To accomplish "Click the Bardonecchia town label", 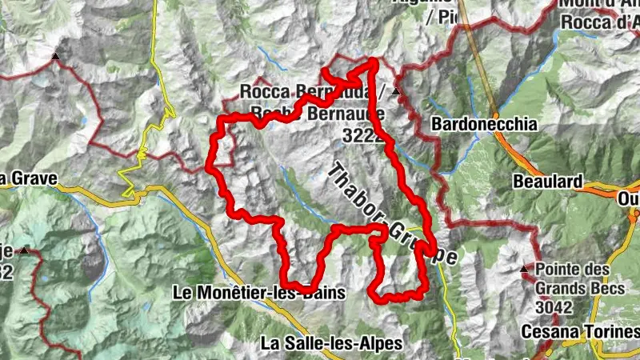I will (x=483, y=125).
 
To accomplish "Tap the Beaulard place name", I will (x=549, y=182).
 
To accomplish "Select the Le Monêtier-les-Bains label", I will (x=258, y=294).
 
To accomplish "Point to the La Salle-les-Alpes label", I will (x=332, y=343).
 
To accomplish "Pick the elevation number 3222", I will (x=362, y=137).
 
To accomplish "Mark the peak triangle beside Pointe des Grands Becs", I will (x=525, y=269).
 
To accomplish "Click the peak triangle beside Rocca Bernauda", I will (x=396, y=91).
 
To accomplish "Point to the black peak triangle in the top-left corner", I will (x=55, y=56).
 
